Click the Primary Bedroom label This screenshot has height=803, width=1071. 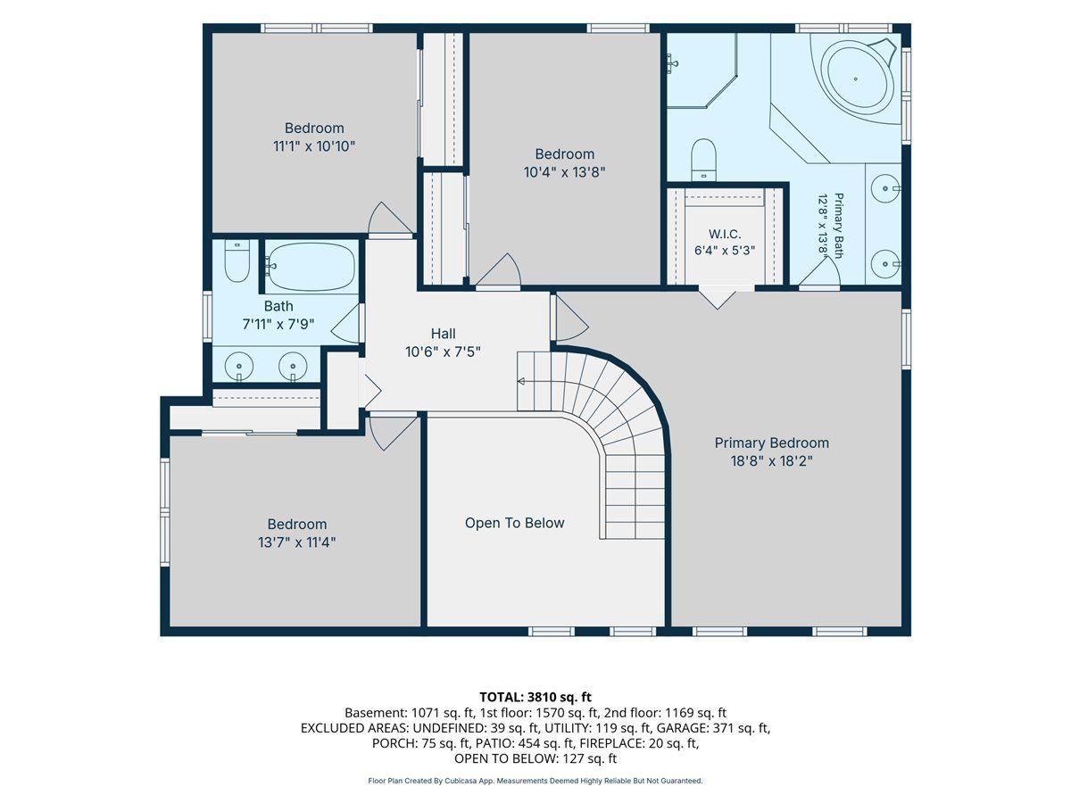[771, 443]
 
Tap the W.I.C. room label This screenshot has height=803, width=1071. [725, 234]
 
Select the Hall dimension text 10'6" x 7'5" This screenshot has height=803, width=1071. [443, 352]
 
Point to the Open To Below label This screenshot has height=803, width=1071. [514, 523]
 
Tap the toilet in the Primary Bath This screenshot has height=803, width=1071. [703, 159]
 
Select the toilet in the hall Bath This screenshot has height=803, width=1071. [237, 261]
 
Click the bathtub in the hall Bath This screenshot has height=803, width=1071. [311, 266]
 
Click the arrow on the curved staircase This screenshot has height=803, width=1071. [521, 381]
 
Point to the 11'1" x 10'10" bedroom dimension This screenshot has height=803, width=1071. [314, 146]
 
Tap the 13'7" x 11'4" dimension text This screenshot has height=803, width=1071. [296, 542]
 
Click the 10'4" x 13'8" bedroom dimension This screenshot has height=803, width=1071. [565, 172]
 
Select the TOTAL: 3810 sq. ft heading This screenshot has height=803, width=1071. [535, 697]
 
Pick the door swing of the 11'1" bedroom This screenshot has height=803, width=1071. [389, 219]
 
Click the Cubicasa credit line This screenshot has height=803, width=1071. [535, 781]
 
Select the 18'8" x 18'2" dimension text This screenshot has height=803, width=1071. [771, 460]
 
